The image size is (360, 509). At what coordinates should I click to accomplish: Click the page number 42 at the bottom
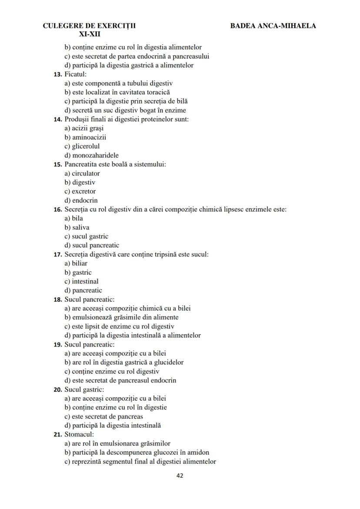180,476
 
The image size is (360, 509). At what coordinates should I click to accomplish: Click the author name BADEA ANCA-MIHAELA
273,26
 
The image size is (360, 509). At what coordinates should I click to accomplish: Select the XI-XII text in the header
90,34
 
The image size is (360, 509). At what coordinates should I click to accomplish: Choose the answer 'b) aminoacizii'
80,137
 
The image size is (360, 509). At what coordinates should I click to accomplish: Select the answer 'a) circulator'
82,173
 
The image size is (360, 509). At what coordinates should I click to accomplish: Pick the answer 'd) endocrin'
81,200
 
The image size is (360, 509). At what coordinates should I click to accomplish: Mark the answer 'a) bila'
73,218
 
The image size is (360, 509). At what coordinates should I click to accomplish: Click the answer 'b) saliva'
77,227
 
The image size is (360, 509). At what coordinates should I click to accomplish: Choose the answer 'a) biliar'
76,263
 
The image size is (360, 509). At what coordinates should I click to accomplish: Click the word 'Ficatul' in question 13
75,74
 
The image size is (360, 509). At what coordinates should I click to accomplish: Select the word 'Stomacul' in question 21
79,434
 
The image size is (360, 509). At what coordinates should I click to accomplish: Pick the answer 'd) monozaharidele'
91,155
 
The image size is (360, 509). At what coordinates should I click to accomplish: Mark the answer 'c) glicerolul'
82,146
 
